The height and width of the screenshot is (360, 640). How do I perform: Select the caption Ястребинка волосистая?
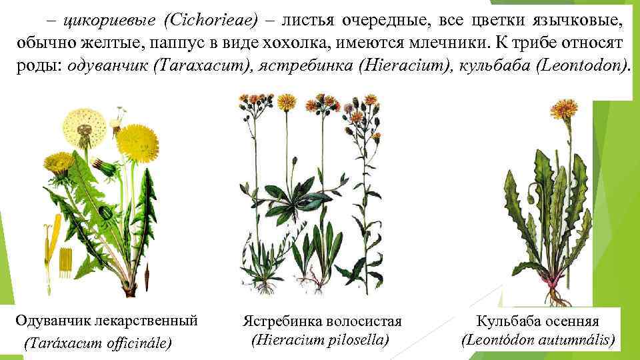click(x=323, y=321)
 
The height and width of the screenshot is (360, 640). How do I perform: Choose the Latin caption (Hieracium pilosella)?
click(x=320, y=339)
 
